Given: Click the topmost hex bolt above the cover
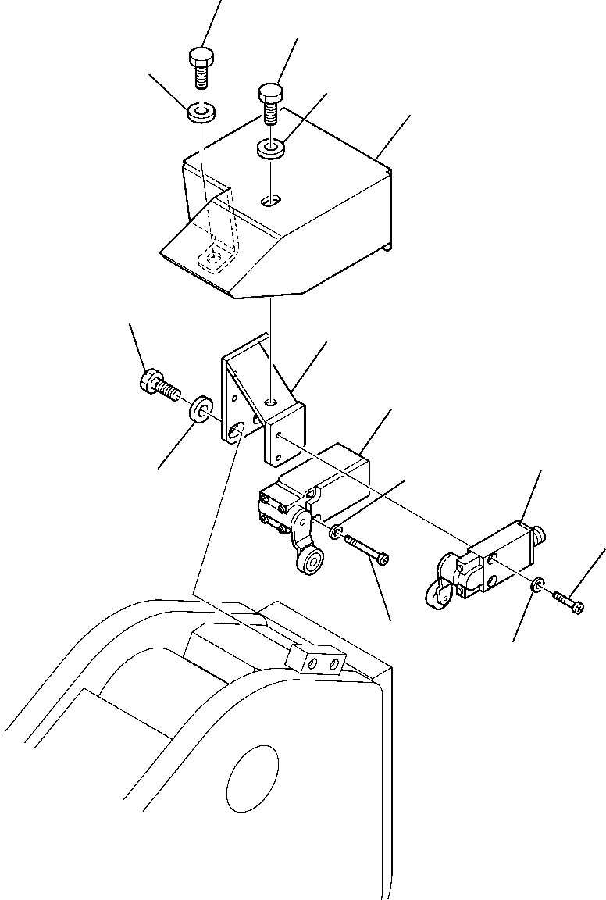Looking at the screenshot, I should point(200,70).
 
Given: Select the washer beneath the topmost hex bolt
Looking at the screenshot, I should point(201,112).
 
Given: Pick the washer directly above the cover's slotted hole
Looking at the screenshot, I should point(271,147).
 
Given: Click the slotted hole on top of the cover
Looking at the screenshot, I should point(270,202).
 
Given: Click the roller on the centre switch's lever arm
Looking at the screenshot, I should point(313,562).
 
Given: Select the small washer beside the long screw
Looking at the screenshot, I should point(334,533).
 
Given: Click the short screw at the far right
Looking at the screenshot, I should point(568,602).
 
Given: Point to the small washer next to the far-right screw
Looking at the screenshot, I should point(537,585).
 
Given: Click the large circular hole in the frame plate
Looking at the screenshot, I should point(252,774).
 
